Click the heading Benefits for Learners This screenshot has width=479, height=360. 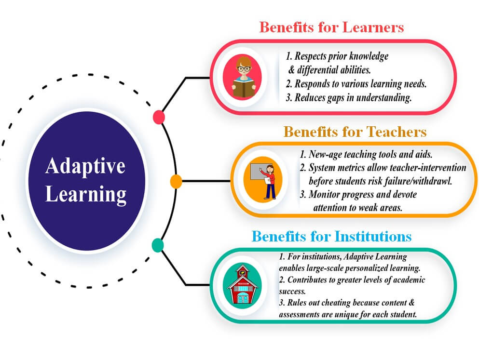[x=331, y=27]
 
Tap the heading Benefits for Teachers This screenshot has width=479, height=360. [x=355, y=132]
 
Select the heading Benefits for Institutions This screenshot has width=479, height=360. [x=331, y=237]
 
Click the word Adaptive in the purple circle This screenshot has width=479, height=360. [x=85, y=166]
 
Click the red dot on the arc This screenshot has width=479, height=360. [x=158, y=117]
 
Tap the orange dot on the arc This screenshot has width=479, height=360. [x=176, y=182]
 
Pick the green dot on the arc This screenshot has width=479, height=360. [x=157, y=245]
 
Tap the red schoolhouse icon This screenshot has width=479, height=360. [x=243, y=286]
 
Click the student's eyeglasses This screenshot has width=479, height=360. [x=244, y=68]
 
